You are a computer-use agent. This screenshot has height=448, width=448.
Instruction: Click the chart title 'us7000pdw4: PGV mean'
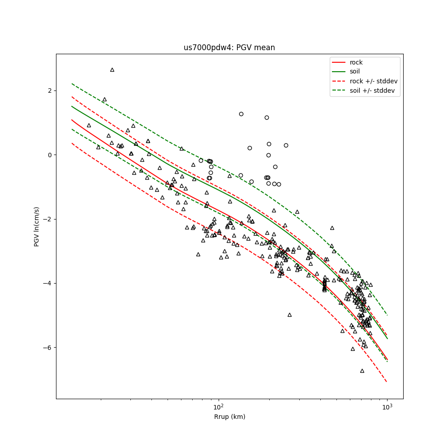(x=229, y=47)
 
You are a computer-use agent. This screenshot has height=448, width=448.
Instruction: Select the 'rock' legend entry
(x=356, y=62)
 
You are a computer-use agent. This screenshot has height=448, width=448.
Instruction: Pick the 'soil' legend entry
(x=355, y=71)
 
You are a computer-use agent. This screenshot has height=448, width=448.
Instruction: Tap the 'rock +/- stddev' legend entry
(x=374, y=81)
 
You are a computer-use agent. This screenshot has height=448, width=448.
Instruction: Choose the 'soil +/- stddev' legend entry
(x=373, y=90)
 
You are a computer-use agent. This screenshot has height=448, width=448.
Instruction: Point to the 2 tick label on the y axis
(x=50, y=90)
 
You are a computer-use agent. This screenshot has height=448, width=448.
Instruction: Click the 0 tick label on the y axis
(x=50, y=155)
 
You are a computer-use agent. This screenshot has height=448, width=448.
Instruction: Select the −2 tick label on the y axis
(x=48, y=219)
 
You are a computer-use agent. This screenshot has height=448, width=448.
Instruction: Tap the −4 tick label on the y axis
(x=48, y=283)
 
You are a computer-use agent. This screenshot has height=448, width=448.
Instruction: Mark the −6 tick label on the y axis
(x=48, y=348)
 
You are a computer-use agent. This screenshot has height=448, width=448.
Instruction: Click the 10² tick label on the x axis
(x=219, y=407)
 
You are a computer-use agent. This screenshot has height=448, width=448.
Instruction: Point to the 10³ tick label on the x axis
(x=387, y=407)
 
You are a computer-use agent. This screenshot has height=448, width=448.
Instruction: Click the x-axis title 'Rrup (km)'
(x=229, y=417)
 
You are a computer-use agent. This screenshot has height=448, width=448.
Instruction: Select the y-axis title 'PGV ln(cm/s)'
(x=37, y=226)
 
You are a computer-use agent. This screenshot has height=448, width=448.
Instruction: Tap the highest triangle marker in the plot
(x=112, y=70)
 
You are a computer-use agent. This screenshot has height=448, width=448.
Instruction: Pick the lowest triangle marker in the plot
(x=362, y=371)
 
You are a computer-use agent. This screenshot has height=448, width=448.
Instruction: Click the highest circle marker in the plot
(x=241, y=114)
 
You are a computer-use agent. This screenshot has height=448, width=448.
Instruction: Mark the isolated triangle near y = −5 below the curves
(x=289, y=315)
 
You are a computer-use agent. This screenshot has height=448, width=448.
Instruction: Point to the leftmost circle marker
(x=201, y=160)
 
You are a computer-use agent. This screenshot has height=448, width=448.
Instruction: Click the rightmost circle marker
(x=286, y=145)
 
